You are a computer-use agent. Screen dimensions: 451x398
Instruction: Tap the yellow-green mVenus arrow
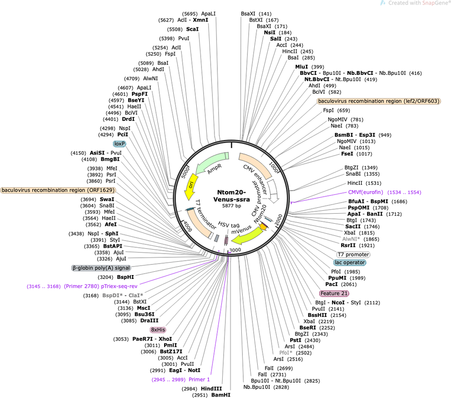coord(248,236)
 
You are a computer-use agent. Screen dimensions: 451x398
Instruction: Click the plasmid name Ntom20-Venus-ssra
coord(232,196)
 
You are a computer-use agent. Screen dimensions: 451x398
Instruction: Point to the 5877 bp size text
coord(232,206)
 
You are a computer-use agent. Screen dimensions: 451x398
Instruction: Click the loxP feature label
coord(119,144)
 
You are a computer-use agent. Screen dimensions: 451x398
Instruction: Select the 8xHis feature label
coord(158,329)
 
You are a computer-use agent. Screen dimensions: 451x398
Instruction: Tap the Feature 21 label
coord(334,293)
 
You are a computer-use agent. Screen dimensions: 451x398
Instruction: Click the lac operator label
coord(350,263)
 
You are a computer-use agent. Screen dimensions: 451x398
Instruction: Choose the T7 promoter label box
coord(353,254)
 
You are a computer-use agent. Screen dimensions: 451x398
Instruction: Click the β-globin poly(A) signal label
coord(101,268)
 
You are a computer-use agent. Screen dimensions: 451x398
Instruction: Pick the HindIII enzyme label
coord(212,389)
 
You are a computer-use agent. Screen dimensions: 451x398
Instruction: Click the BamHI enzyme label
coord(221,395)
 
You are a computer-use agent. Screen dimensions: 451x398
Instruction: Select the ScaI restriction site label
coord(192,29)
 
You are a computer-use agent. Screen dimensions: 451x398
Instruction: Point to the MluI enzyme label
coord(301,67)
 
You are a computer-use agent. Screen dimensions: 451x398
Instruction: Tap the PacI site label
coord(332,284)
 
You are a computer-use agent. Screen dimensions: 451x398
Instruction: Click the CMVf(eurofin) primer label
coord(366,192)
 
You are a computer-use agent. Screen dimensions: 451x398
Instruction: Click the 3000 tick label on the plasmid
coord(235,250)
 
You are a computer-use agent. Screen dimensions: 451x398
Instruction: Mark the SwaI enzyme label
coord(107,199)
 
